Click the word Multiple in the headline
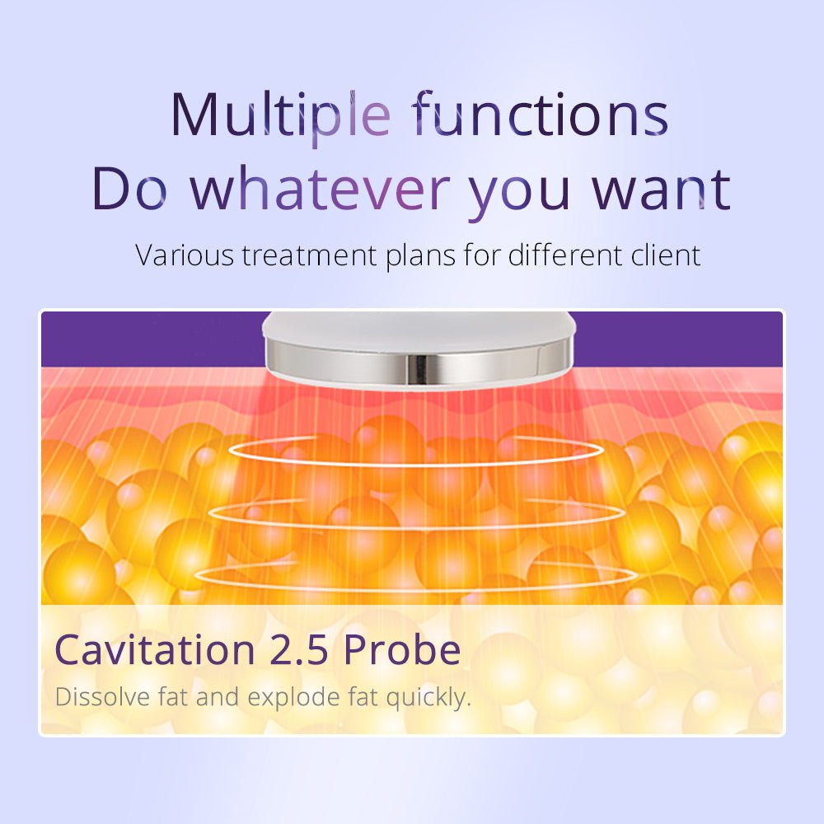click(x=281, y=116)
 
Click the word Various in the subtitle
click(x=185, y=255)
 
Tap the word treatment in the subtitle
click(x=309, y=256)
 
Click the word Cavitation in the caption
click(x=155, y=649)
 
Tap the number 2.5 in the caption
click(x=298, y=651)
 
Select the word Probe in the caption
click(x=402, y=649)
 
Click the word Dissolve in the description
click(x=102, y=697)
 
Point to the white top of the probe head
click(x=418, y=329)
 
